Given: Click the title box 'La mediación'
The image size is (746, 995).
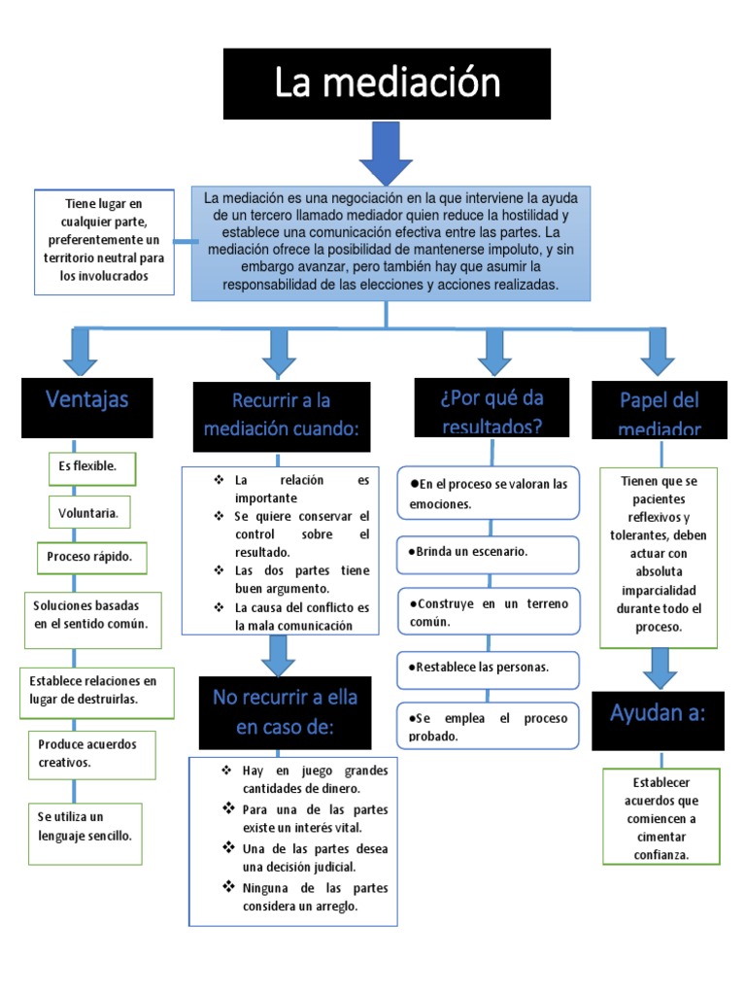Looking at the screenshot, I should [387, 84].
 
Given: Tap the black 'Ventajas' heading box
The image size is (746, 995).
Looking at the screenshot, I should [86, 407].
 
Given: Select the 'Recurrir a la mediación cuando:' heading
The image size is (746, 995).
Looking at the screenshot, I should [282, 416].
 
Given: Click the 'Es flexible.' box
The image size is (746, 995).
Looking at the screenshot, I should [92, 468].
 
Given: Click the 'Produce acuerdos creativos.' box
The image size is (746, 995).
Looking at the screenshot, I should [91, 754].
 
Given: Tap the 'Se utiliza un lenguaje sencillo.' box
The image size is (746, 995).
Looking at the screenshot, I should [85, 827].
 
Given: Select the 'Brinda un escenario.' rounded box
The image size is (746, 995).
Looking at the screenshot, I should [488, 553].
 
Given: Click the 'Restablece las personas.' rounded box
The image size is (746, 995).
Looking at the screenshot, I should [488, 669].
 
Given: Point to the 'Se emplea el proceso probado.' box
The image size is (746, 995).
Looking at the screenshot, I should [488, 727].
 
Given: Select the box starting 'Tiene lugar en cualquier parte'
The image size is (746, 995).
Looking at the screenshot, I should [104, 241].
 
